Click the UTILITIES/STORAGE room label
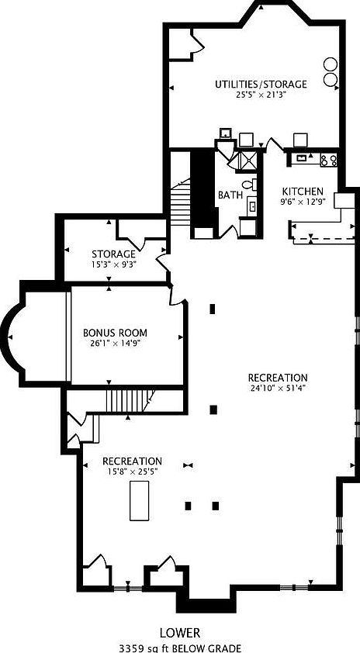point(261,84)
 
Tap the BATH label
point(229,195)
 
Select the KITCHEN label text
point(303,192)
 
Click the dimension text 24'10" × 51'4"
point(278,388)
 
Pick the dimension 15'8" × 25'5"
point(133,472)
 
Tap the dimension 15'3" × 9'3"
point(114,264)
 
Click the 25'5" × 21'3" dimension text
point(261,95)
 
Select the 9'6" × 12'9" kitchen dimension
point(303,202)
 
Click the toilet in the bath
point(249,185)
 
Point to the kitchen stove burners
point(329,160)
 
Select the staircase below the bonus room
point(128,401)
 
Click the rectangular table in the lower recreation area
point(139,500)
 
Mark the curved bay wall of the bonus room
point(9,337)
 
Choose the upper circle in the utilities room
point(331,64)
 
